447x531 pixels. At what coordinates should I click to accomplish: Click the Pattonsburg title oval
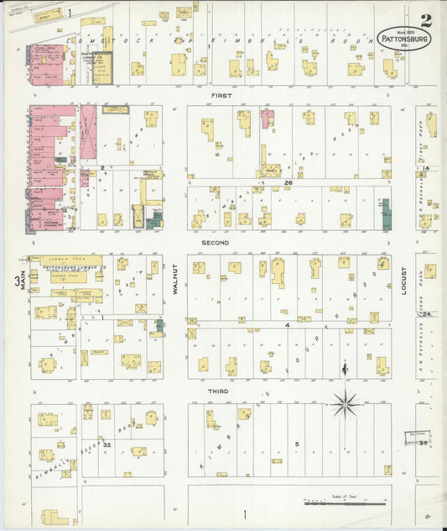pos(405,39)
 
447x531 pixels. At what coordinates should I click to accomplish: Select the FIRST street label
pos(221,96)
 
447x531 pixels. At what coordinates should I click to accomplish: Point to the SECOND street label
pos(214,243)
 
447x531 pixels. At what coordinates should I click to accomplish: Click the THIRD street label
pos(218,391)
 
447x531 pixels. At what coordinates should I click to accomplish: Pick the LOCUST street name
pos(403,280)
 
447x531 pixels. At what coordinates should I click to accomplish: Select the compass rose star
pos(344,404)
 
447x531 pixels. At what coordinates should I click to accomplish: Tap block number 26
pos(288,182)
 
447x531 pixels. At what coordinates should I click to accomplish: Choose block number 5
pos(296,444)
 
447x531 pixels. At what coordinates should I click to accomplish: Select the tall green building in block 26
pos(387,214)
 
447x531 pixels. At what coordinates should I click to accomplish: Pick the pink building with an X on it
pos(87,135)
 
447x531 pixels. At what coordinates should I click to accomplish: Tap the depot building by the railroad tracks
pos(49,14)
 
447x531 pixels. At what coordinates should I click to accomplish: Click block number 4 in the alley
pos(287,323)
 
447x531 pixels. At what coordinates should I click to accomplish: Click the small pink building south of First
pos(267,118)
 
